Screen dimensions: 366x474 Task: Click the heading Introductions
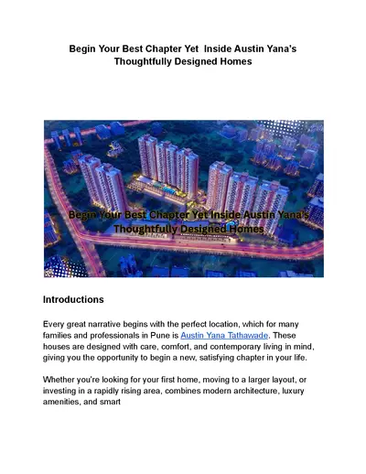[x=73, y=299]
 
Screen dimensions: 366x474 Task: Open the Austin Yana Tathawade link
[x=220, y=336]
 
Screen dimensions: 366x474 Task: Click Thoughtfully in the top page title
[x=150, y=61]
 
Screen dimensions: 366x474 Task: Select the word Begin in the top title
[x=86, y=47]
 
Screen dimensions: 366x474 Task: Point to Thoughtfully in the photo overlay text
[x=148, y=229]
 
